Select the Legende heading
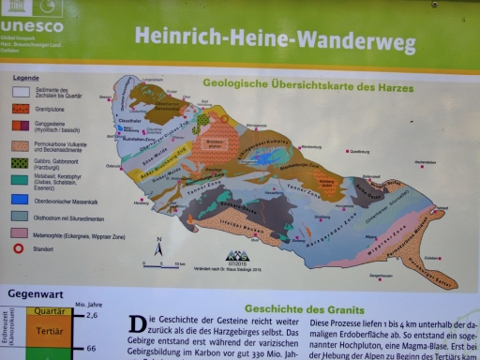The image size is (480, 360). (25, 78)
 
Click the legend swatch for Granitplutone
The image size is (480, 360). (21, 109)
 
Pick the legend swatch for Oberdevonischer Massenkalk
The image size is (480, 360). (21, 199)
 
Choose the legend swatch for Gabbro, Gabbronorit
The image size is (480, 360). (21, 161)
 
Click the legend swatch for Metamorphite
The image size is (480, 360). (21, 232)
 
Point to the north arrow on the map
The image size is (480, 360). (158, 247)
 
